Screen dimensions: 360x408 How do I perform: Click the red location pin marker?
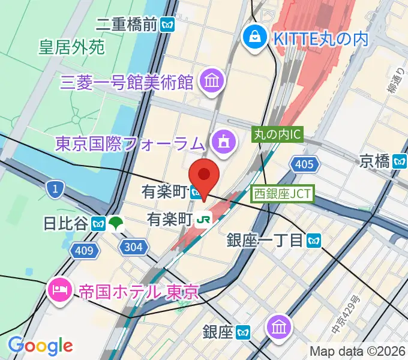click(204, 176)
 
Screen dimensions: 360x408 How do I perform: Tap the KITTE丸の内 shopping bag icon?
click(254, 38)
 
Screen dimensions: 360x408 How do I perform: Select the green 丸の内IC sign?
click(277, 135)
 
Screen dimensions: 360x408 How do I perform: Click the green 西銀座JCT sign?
click(281, 193)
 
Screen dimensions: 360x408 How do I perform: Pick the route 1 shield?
click(55, 190)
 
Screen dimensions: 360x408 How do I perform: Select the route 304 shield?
click(132, 246)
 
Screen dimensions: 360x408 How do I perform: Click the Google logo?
click(40, 345)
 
